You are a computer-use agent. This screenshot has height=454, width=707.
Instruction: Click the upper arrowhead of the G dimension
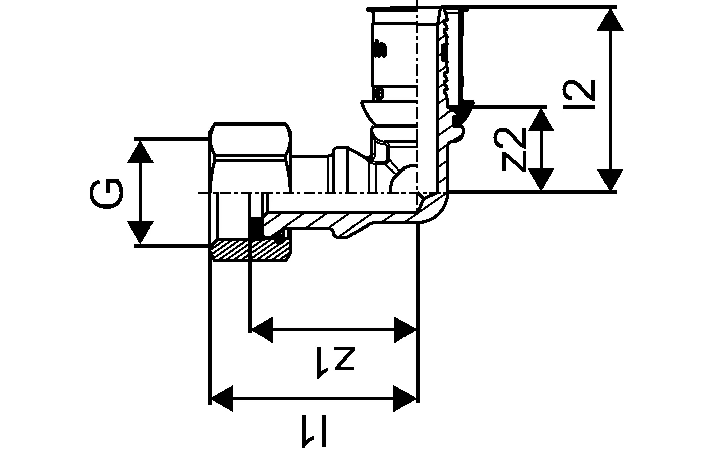click(x=140, y=151)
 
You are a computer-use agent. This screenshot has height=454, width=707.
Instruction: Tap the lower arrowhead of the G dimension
click(x=140, y=233)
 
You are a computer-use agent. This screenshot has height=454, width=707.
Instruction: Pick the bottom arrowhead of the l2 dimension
click(x=611, y=180)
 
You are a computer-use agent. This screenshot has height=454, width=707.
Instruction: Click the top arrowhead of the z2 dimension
click(x=541, y=119)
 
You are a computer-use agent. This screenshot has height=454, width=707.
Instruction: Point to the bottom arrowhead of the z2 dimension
click(x=541, y=180)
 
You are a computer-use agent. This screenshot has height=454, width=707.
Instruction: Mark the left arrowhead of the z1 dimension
click(x=263, y=330)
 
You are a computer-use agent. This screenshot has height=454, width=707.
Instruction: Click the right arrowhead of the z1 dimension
click(x=405, y=330)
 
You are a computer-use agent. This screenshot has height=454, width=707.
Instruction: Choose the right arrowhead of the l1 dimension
click(x=405, y=399)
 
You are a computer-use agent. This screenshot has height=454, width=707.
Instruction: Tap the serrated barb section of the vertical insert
click(x=444, y=61)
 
